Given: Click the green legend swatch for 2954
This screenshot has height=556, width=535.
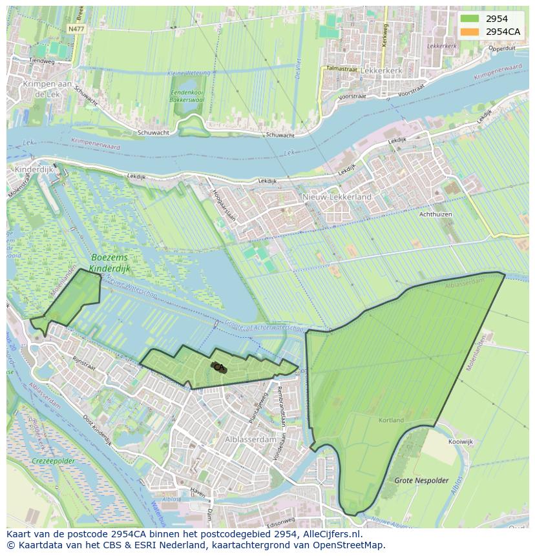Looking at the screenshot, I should click(x=470, y=19).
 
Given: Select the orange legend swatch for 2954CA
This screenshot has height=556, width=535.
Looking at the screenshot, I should click(x=470, y=32).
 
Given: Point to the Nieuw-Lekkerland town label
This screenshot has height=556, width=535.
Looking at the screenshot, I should click(x=337, y=196).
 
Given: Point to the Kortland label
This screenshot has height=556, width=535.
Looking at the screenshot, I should click(x=391, y=420).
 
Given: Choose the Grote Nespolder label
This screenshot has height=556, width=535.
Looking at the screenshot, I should click(x=421, y=480).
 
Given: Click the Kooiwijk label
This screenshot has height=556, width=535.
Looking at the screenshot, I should click(x=460, y=442).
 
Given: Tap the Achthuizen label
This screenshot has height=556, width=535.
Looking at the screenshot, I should click(x=435, y=214).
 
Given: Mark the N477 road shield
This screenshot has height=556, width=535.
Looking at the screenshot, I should click(x=76, y=29).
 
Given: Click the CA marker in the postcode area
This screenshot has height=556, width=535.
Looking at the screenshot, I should click(x=218, y=367).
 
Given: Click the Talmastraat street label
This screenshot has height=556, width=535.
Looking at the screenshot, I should click(x=341, y=68).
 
